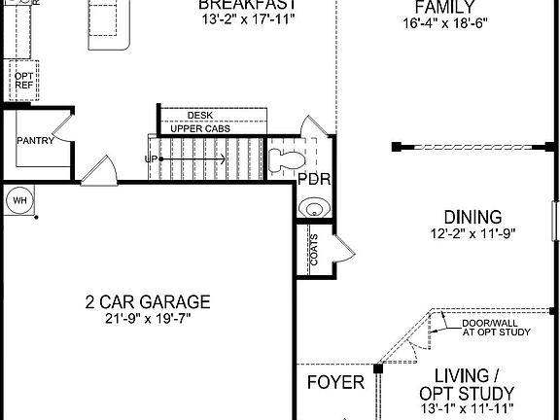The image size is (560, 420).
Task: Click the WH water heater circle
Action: (x=18, y=201)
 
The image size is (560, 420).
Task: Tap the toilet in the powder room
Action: (x=285, y=158)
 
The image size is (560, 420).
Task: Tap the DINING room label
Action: (x=472, y=217)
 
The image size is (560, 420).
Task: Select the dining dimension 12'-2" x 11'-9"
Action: (x=472, y=234)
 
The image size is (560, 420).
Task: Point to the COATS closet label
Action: (x=314, y=249)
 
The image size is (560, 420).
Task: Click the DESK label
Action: (x=199, y=114)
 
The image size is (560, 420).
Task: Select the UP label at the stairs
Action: (x=151, y=157)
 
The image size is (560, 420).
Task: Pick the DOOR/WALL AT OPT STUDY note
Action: (x=496, y=328)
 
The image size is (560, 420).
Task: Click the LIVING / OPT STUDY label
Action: (x=467, y=383)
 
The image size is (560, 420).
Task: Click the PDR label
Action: (x=314, y=179)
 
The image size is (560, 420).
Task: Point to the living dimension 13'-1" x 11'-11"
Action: (x=467, y=409)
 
